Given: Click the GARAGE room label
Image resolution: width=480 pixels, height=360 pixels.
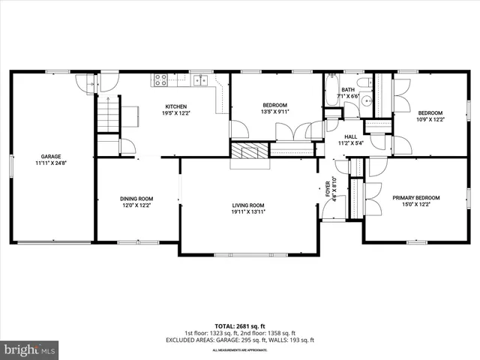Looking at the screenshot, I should click(x=51, y=156).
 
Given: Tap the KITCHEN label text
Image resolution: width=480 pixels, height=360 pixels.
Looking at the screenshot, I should click(x=176, y=106).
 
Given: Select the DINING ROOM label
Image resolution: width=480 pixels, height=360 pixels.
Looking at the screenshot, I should click(x=136, y=199).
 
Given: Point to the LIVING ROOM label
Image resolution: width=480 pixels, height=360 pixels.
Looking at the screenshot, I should click(x=247, y=205).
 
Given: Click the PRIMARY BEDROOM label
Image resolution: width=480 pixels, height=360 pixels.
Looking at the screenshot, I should click(x=416, y=197).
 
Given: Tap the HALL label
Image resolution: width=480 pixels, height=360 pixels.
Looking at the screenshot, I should click(x=350, y=136).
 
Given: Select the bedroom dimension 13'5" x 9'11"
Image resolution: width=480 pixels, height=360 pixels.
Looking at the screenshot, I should click(x=275, y=112).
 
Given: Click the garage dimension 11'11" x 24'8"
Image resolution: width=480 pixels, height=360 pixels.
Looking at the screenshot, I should click(x=51, y=163).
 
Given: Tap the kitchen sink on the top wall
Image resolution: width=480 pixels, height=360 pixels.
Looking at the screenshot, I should click(x=200, y=79).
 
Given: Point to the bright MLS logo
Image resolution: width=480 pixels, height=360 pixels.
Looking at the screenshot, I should click(x=30, y=349).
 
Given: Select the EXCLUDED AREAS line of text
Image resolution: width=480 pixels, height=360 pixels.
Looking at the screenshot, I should click(x=240, y=340).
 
